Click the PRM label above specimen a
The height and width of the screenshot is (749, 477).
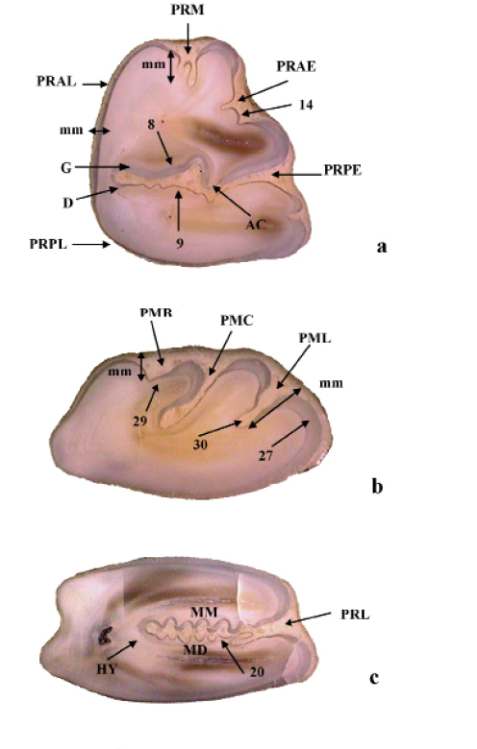coord(188,10)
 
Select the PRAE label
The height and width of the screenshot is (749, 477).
coord(296,66)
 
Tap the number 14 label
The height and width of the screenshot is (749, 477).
coord(306,105)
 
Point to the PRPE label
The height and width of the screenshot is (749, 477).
coord(342,170)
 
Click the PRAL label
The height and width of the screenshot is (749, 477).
coord(57,82)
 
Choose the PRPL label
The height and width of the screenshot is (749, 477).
coord(48,244)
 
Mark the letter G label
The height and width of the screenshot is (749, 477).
coord(66,168)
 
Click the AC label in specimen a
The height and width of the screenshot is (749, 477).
coord(256,225)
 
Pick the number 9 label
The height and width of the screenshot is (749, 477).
coord(180,244)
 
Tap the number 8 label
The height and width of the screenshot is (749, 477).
coord(151,125)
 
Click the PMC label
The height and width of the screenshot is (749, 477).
coord(237,321)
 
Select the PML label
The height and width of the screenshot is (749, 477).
coord(314,338)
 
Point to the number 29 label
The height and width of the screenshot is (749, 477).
coord(140,421)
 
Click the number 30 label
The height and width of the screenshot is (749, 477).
coord(200,445)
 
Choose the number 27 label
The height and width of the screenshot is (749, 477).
coord(265,456)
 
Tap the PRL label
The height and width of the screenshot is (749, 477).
coord(355,615)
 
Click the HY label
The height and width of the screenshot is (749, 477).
coord(107,669)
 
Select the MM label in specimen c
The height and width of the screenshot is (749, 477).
coord(204,612)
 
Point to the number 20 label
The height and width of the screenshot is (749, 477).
coord(257,671)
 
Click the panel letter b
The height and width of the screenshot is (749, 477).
coord(377,486)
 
